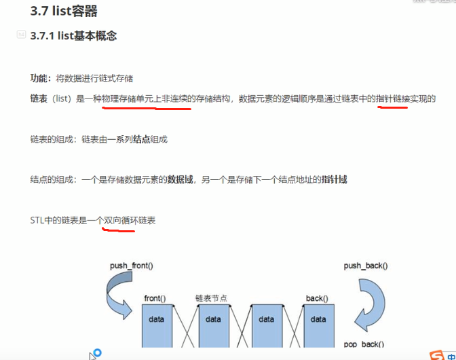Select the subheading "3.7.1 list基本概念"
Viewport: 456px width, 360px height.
(73, 36)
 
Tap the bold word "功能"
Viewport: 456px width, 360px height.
(39, 78)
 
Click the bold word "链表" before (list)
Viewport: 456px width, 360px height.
(39, 99)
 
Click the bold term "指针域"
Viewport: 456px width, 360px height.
(336, 179)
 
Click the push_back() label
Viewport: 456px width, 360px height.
(366, 266)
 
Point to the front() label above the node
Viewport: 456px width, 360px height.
(155, 298)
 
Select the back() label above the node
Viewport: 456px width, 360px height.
(316, 298)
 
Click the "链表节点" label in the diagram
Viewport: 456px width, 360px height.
(212, 298)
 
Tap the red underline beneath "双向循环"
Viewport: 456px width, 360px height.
(118, 229)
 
